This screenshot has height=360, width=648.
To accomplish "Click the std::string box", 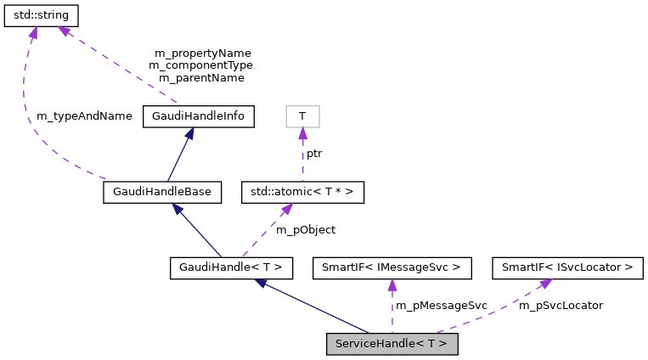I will [42, 15].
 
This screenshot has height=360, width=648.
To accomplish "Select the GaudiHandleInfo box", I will [199, 116].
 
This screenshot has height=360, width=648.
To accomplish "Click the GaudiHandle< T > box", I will [231, 268].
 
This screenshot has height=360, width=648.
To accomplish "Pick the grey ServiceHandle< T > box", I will [392, 344].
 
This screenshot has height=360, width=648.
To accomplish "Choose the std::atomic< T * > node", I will [302, 192].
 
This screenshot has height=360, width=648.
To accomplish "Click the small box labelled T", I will [302, 116].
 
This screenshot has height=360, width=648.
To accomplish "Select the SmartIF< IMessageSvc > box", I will [392, 268].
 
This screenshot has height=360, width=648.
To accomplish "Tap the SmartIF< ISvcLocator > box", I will [567, 268].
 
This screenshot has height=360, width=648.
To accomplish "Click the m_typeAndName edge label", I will [84, 115].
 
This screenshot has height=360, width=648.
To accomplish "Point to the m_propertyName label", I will [202, 53].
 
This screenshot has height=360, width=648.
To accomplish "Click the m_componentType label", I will [200, 65].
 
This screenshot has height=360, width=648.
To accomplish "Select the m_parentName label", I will [201, 77].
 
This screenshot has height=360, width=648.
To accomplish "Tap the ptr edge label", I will [314, 154].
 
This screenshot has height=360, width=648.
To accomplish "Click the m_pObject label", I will [306, 229].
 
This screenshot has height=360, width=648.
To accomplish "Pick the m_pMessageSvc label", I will [441, 305].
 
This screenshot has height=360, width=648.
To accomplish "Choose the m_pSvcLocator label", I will [561, 305].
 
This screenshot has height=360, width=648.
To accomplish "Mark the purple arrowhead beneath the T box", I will [302, 134].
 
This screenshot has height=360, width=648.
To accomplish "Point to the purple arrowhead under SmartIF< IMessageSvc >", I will [392, 286].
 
